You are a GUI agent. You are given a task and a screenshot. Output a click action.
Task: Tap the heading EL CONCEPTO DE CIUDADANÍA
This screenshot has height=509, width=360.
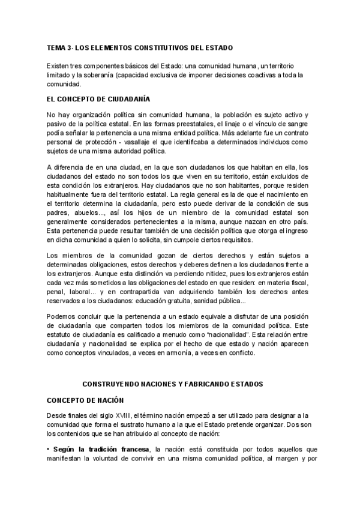(x=98, y=98)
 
